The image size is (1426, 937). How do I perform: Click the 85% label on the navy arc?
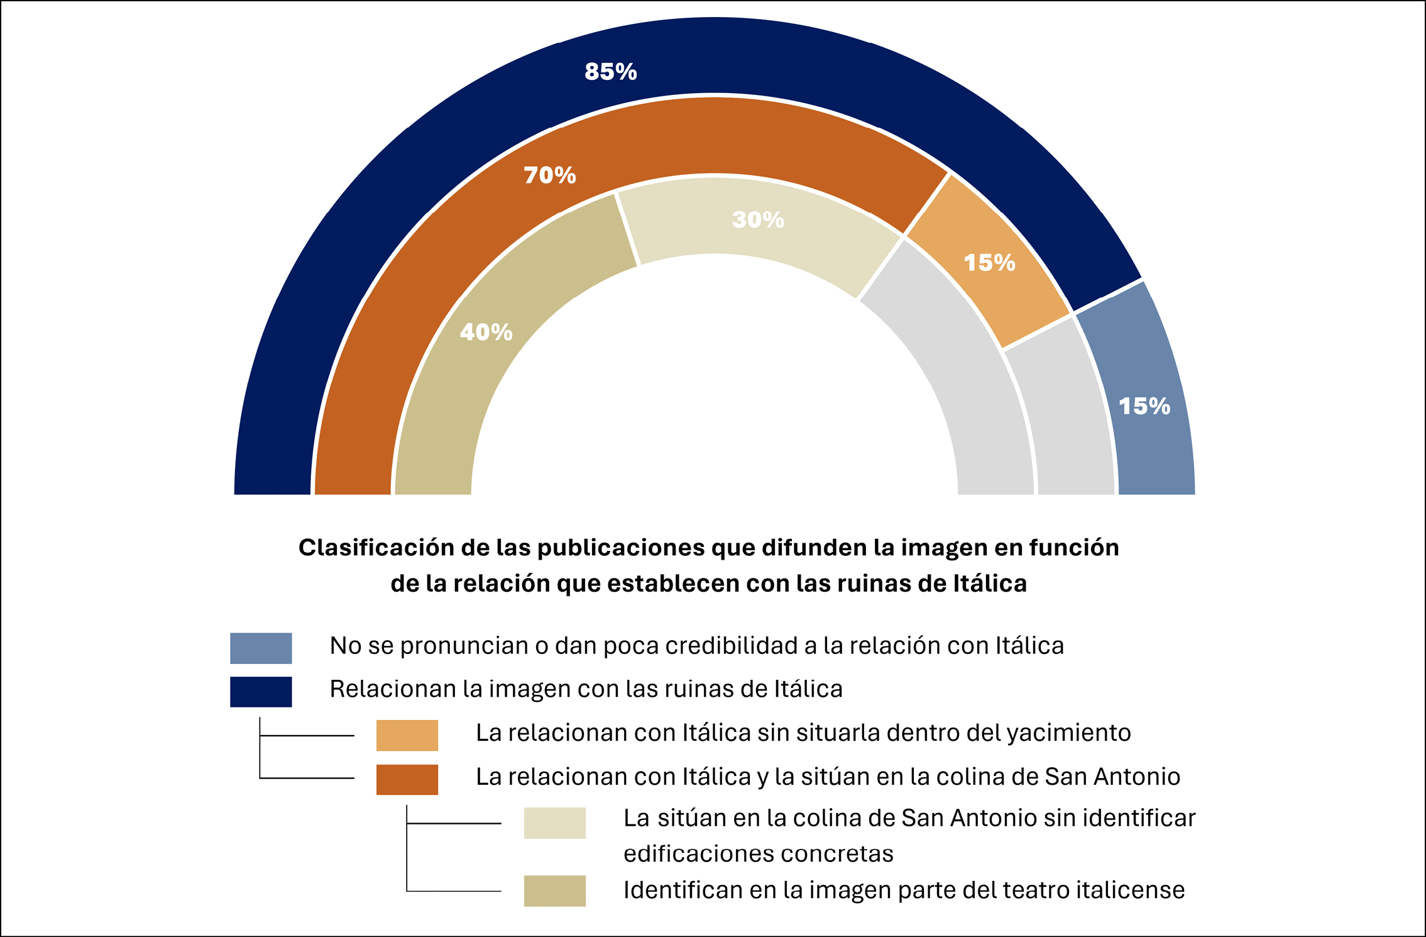(610, 72)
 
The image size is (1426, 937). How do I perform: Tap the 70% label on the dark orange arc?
(550, 175)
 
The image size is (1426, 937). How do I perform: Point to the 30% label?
(758, 219)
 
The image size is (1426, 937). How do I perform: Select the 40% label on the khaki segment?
(486, 332)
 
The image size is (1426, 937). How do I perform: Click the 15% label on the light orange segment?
(989, 263)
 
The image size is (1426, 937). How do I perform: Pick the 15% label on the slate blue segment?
(1144, 406)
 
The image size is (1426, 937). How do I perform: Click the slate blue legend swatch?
(261, 648)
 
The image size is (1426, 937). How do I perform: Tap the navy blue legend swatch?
(261, 691)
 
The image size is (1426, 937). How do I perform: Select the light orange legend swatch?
(407, 735)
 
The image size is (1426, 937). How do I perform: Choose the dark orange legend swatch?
(407, 779)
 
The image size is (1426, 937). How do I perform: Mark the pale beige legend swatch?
(554, 823)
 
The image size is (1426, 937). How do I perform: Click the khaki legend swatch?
(554, 890)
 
